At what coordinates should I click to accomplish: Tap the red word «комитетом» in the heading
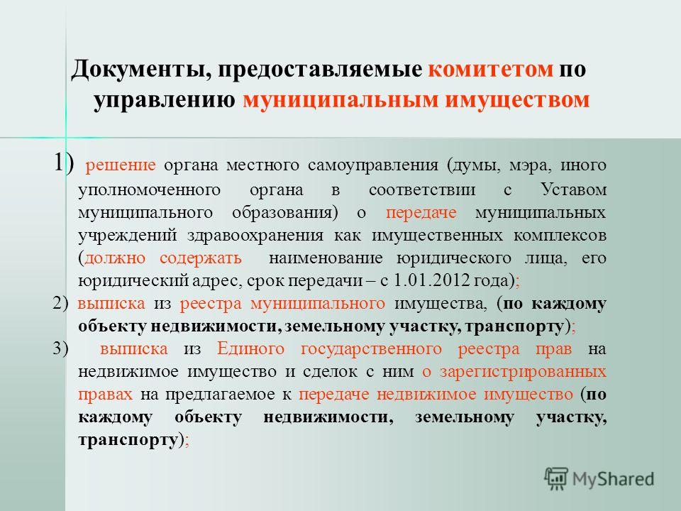[491, 70]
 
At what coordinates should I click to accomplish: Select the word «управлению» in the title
[165, 101]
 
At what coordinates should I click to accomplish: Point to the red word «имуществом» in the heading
[517, 101]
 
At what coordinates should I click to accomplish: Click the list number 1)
[63, 163]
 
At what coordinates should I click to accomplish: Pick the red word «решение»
[121, 165]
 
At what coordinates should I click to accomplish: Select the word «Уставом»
[573, 189]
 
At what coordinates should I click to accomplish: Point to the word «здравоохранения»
[255, 236]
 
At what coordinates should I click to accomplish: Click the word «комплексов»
[560, 235]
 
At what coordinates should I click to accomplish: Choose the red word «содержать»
[201, 258]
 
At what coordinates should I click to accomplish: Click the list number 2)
[60, 303]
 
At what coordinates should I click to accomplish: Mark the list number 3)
[60, 349]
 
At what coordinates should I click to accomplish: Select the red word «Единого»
[251, 348]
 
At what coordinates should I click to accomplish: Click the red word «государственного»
[371, 349]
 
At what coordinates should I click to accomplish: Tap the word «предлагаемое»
[220, 395]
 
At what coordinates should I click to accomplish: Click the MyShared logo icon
[556, 478]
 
